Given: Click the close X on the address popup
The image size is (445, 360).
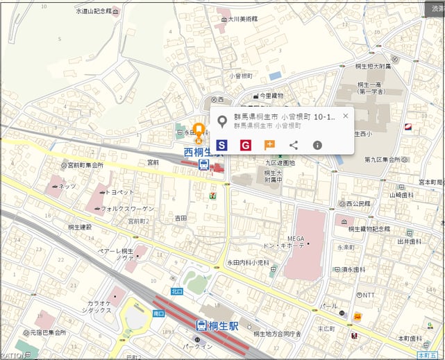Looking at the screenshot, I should [346, 116].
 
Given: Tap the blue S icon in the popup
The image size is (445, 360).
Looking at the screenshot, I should [221, 145].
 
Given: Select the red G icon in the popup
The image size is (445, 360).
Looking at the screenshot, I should [245, 145].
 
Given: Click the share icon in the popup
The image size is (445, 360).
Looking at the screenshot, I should [294, 145].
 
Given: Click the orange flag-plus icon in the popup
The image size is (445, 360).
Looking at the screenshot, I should [269, 145].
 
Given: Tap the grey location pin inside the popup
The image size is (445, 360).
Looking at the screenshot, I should [222, 122].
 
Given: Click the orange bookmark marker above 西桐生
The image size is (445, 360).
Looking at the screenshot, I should [198, 130].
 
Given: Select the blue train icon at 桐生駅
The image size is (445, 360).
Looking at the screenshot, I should [201, 325].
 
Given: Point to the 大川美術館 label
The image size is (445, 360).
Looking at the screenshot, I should [238, 19].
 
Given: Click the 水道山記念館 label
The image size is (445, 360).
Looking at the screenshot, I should [93, 12].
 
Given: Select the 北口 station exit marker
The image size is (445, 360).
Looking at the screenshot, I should [177, 291].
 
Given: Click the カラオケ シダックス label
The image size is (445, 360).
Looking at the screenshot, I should [99, 307].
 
